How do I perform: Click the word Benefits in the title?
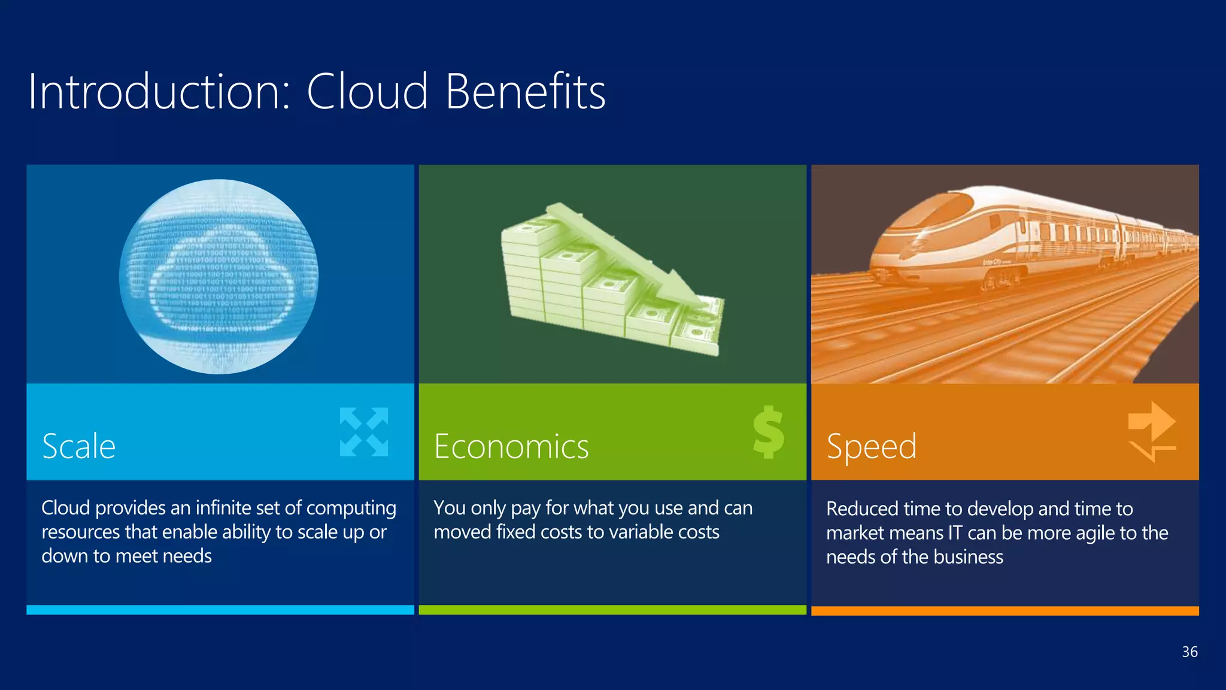tap(526, 92)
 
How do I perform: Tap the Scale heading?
tap(78, 446)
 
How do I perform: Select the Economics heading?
tap(511, 447)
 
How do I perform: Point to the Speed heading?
tap(871, 447)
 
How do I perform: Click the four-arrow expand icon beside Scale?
tap(364, 432)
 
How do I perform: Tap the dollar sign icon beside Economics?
tap(769, 432)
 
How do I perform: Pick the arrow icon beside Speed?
tap(1151, 431)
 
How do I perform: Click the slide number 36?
tap(1189, 652)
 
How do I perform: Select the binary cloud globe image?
tap(219, 276)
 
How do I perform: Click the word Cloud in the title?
tap(368, 92)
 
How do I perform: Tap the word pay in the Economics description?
tap(526, 509)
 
